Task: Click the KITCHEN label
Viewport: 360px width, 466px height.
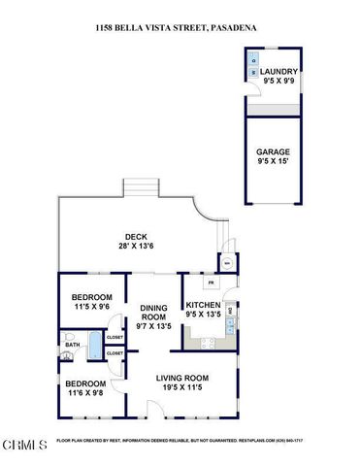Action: click(204, 304)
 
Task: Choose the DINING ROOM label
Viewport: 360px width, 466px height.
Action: click(155, 312)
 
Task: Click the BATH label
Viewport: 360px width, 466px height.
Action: click(72, 345)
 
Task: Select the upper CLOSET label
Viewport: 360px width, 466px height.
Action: click(115, 337)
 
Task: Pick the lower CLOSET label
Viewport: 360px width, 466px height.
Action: click(115, 353)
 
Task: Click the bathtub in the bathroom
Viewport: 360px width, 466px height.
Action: click(94, 344)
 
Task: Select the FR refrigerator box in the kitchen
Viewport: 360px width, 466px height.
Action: click(211, 283)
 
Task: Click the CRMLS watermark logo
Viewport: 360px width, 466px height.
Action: click(24, 445)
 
